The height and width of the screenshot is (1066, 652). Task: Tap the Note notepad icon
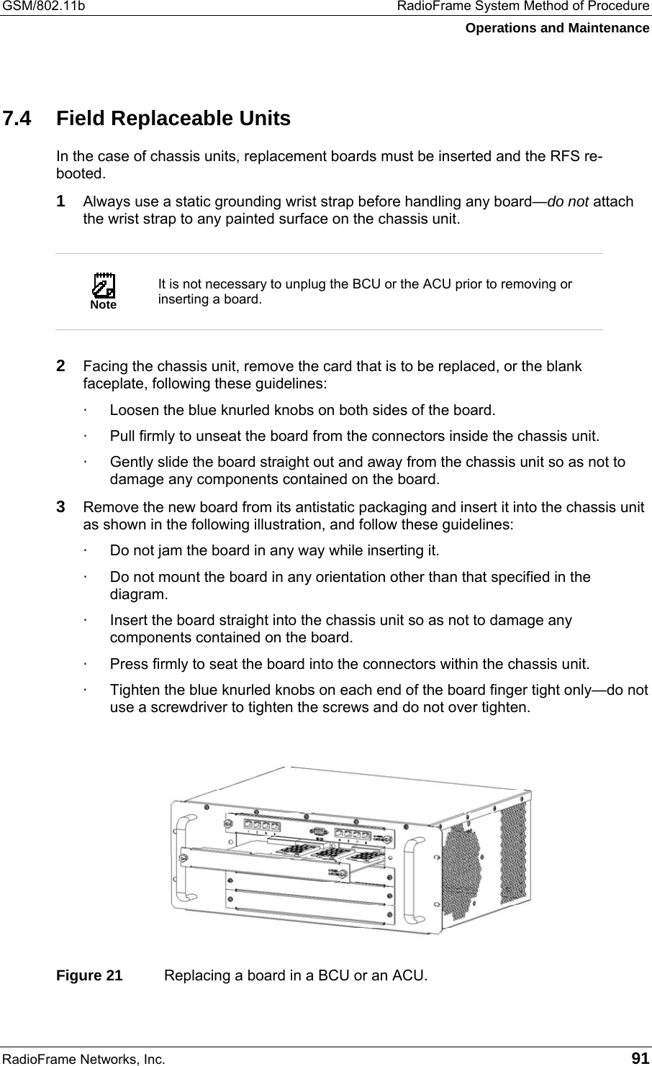[104, 286]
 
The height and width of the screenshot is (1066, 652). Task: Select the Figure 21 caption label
[90, 976]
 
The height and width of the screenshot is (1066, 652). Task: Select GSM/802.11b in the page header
[43, 6]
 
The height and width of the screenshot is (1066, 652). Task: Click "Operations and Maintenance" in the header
[556, 28]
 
